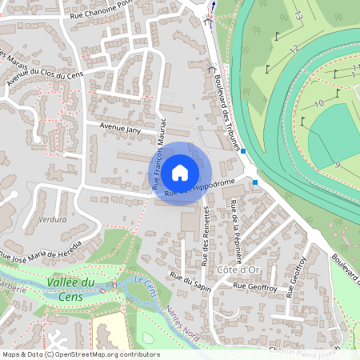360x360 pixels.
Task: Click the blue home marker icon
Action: pos(180,172)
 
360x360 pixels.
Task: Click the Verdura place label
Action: pos(51,218)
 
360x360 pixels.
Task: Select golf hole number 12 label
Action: pos(294,50)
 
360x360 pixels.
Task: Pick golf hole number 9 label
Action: pos(337,164)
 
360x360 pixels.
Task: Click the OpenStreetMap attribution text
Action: pos(80,354)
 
